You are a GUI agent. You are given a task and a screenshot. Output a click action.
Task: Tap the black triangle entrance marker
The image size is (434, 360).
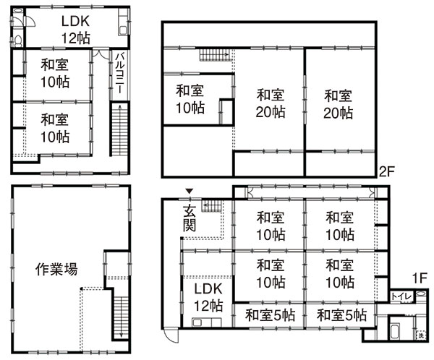tap(190, 191)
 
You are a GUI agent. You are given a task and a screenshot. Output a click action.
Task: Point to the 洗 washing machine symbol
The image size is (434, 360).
tap(421, 336)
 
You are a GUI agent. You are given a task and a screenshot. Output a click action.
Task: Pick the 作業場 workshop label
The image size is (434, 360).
tap(56, 269)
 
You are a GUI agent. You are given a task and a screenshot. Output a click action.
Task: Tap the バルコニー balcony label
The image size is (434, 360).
tap(119, 73)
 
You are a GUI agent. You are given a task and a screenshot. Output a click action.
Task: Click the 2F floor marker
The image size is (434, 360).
tap(386, 172)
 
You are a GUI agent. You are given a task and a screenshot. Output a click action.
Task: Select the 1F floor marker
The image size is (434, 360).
tap(420, 278)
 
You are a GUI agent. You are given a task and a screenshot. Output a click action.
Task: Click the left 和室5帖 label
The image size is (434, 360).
tap(270, 315)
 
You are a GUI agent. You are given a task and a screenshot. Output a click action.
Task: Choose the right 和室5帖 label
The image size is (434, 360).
tap(342, 315)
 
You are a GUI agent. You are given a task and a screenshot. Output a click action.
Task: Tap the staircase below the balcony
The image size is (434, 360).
tap(119, 129)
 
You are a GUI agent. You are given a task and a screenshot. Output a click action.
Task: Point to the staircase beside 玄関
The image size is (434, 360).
tap(212, 206)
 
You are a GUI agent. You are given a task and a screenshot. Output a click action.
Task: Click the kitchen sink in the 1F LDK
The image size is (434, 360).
tap(197, 322)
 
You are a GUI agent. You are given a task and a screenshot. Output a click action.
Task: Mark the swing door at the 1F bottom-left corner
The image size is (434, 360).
tap(171, 335)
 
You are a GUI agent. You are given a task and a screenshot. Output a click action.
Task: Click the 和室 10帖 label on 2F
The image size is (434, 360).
tap(190, 100)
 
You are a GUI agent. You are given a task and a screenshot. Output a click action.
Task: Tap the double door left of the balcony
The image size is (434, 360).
tap(101, 53)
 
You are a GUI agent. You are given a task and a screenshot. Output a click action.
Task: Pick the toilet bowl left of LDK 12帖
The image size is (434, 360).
tap(18, 41)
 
